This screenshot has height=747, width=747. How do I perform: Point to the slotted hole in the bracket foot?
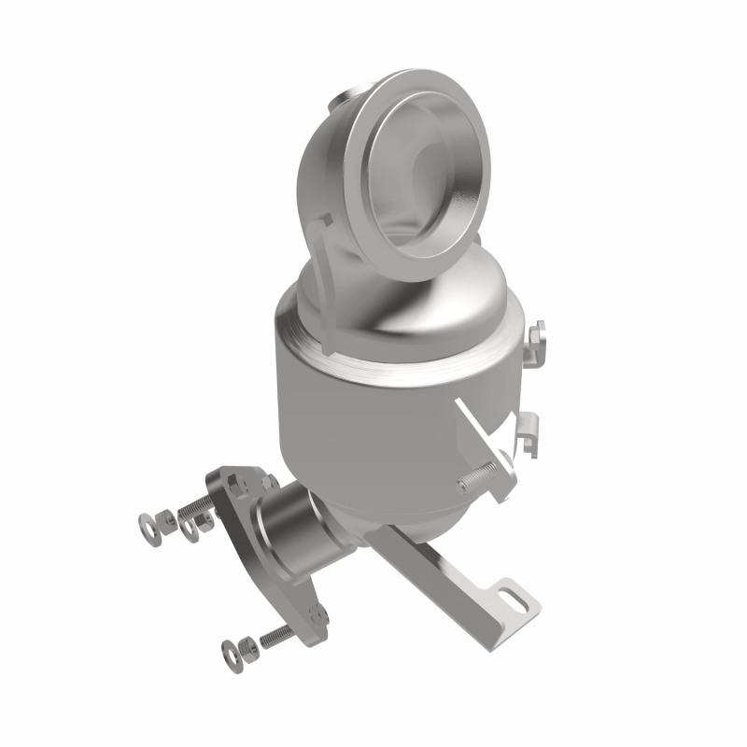tap(513, 593)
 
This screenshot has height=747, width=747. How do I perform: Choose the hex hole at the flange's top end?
tap(233, 482)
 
